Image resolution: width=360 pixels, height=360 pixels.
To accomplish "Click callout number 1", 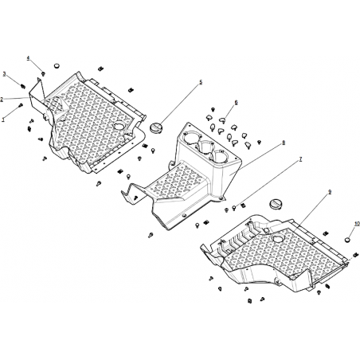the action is tap(3, 119).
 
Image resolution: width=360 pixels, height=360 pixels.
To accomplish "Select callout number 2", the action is tap(2, 100).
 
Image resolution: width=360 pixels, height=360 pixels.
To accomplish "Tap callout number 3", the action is tap(4, 74).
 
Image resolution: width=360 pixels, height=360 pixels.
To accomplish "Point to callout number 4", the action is tap(28, 58).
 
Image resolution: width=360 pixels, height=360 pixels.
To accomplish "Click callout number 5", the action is tap(201, 82).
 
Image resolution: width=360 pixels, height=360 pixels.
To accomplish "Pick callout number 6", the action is tap(236, 103).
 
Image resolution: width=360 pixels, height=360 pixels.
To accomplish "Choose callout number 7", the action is tap(300, 159).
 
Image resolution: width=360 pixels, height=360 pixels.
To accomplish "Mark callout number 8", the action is tap(284, 143).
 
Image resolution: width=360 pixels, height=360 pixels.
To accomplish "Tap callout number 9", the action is tap(330, 192).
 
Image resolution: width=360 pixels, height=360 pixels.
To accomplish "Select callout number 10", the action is tap(357, 224).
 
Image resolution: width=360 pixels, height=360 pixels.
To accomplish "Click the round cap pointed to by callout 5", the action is tap(155, 127).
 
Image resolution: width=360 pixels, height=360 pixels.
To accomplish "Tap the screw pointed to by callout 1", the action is tap(20, 105).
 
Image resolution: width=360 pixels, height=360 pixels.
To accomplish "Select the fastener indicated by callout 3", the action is tap(23, 86).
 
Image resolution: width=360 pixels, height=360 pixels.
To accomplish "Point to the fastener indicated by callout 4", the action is tap(43, 73).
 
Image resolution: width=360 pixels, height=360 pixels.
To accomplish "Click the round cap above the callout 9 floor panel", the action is tap(274, 204).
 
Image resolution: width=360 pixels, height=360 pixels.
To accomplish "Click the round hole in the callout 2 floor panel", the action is tap(119, 125).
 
